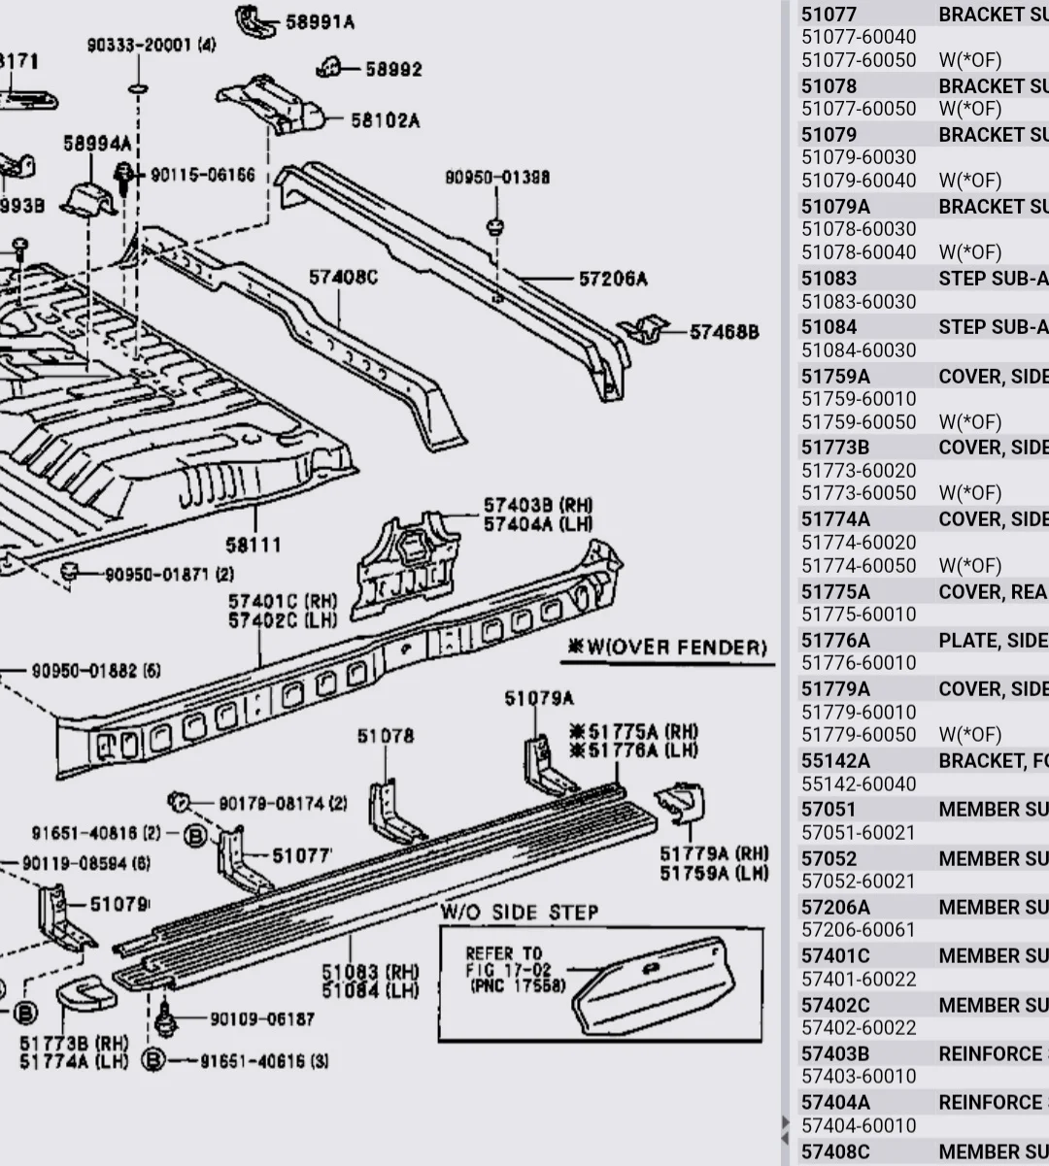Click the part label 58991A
click(x=320, y=21)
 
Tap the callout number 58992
click(x=393, y=69)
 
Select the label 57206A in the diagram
click(x=613, y=280)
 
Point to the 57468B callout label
click(x=724, y=332)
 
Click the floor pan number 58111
click(x=254, y=545)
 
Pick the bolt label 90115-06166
click(x=202, y=176)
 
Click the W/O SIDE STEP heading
click(x=520, y=913)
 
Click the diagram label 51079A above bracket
click(x=539, y=698)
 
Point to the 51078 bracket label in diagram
click(x=385, y=736)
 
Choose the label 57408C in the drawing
click(x=343, y=278)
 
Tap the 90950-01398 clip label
click(x=497, y=178)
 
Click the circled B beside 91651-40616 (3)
click(x=152, y=1060)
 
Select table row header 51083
click(x=829, y=279)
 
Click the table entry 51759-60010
click(x=858, y=399)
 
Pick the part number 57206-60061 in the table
click(x=858, y=930)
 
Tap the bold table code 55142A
click(x=835, y=761)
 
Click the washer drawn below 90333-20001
click(x=138, y=88)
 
